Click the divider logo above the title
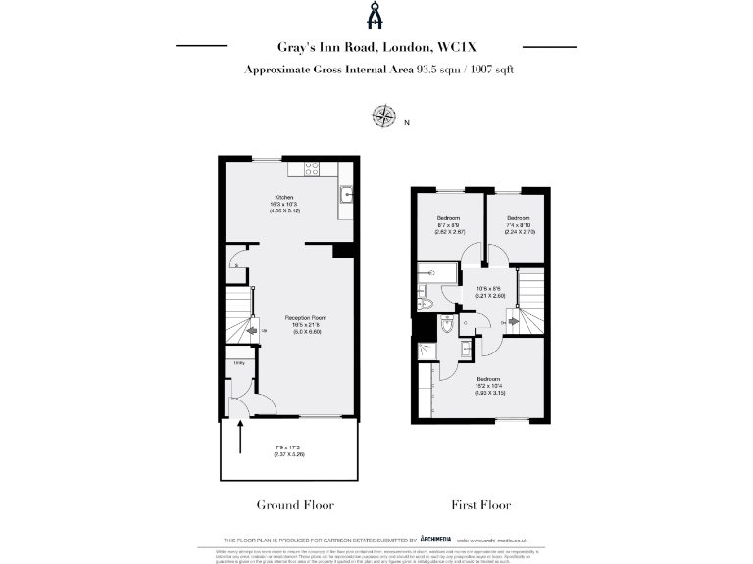(376, 17)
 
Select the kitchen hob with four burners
(314, 167)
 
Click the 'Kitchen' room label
(284, 197)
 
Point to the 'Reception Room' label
(306, 318)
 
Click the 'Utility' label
(238, 363)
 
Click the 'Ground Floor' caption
(295, 505)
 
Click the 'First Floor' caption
(480, 505)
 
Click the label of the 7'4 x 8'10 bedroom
(519, 217)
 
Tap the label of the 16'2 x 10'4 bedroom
(488, 378)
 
